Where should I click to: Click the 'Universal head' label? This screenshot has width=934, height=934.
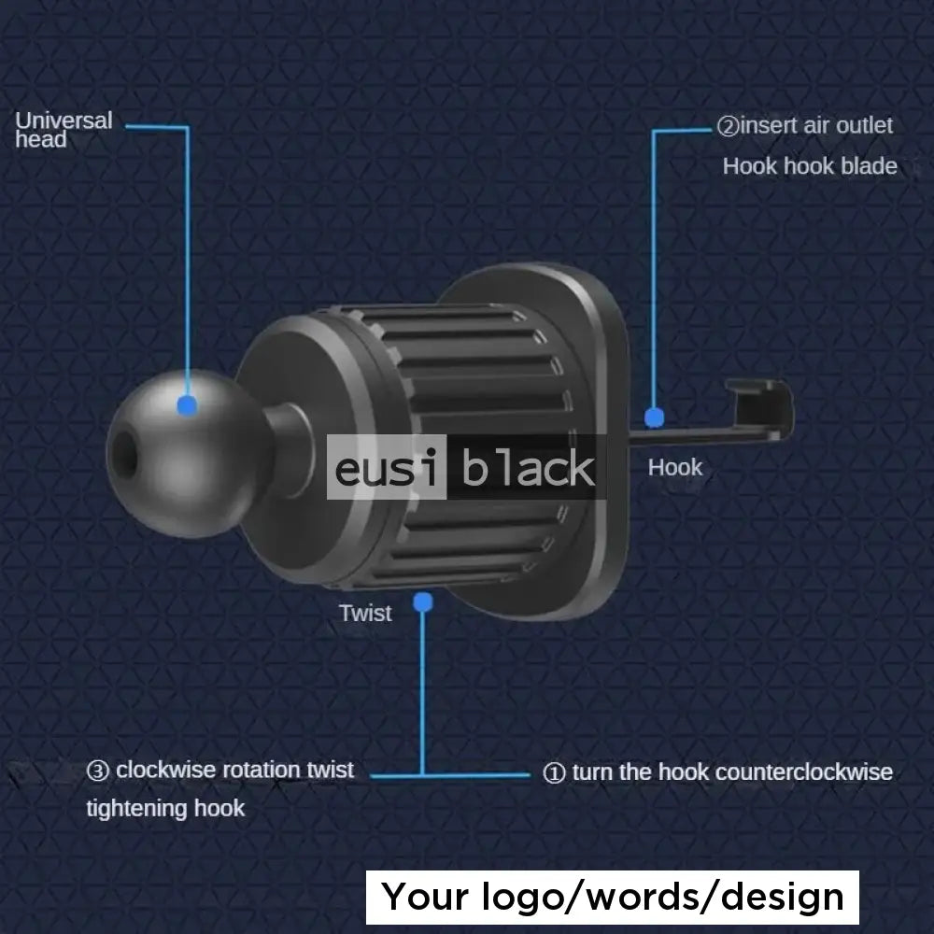pos(64,130)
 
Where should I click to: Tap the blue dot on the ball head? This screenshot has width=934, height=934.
pos(188,404)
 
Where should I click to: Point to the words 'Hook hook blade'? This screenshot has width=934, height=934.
pos(810,167)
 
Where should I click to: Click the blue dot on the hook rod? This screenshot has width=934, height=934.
pos(654,417)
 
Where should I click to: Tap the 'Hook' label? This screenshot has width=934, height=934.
pos(674,467)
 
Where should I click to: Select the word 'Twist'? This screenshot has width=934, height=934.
pos(365,614)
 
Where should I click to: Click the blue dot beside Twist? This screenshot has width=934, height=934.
pos(423,602)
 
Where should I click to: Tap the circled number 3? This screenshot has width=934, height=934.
pos(98,771)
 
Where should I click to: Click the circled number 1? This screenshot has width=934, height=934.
pos(554,773)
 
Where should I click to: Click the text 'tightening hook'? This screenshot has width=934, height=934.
pos(165,808)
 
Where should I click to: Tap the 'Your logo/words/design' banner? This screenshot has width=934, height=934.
pos(613,898)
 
